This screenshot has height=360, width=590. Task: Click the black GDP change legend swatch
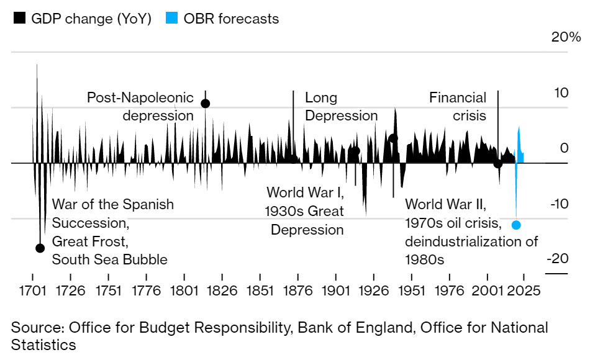pyautogui.click(x=19, y=19)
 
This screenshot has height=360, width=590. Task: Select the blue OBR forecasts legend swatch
pyautogui.click(x=172, y=19)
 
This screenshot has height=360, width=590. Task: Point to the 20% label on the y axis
pyautogui.click(x=566, y=37)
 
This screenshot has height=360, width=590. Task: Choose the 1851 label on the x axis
pyautogui.click(x=260, y=290)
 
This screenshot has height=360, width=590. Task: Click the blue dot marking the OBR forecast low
pyautogui.click(x=516, y=225)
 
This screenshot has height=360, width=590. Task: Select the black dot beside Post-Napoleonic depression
pyautogui.click(x=205, y=103)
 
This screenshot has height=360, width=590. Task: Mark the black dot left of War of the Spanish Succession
pyautogui.click(x=40, y=248)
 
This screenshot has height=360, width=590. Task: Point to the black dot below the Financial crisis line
pyautogui.click(x=497, y=164)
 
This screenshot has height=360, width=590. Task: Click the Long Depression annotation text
pyautogui.click(x=341, y=107)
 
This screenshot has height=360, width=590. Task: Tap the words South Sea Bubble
pyautogui.click(x=109, y=259)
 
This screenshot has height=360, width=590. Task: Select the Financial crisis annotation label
pyautogui.click(x=458, y=107)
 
